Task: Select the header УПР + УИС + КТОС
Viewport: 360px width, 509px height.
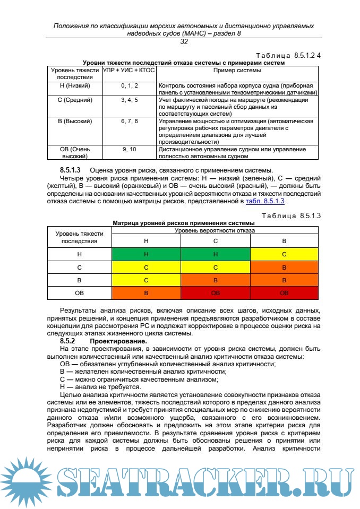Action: [129, 70]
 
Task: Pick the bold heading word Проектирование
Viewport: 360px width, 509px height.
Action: [118, 341]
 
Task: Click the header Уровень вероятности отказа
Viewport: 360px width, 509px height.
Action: [215, 230]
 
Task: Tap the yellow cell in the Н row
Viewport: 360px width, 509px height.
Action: [284, 254]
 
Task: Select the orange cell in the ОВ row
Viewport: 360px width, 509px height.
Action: [146, 292]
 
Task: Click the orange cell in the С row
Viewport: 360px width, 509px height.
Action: [284, 267]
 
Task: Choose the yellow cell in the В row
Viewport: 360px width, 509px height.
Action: [146, 280]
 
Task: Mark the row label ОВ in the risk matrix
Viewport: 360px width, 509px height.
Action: [79, 292]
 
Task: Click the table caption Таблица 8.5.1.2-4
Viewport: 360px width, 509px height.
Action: [288, 56]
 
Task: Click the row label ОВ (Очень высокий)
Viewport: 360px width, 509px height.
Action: [75, 153]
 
